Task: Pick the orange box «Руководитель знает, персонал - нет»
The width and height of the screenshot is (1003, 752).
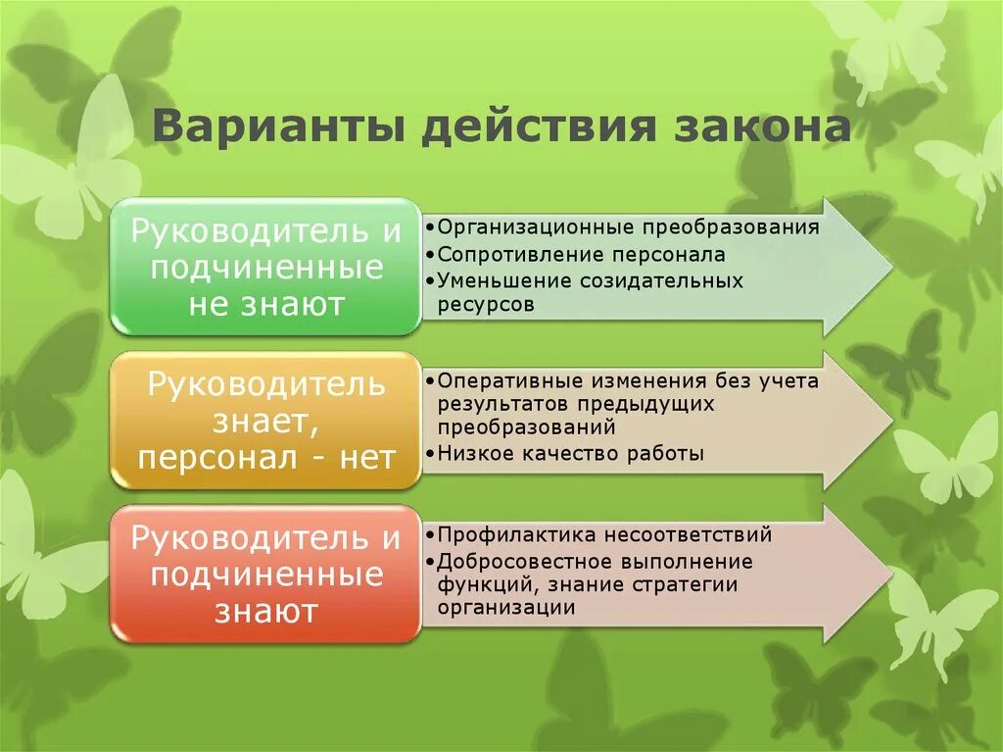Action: point(266,421)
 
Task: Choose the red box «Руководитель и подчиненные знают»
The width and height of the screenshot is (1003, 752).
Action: point(266,575)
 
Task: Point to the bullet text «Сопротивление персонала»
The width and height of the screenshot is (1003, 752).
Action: point(581,255)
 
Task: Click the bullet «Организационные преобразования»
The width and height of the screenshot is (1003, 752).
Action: point(627,228)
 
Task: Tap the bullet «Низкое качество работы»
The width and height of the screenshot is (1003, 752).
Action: point(570,453)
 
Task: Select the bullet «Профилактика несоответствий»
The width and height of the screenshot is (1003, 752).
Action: point(604,535)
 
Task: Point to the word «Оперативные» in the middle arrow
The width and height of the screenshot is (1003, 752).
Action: point(499,381)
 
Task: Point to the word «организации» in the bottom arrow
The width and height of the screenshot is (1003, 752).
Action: point(505,608)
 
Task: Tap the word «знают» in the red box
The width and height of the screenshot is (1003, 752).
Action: point(266,613)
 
